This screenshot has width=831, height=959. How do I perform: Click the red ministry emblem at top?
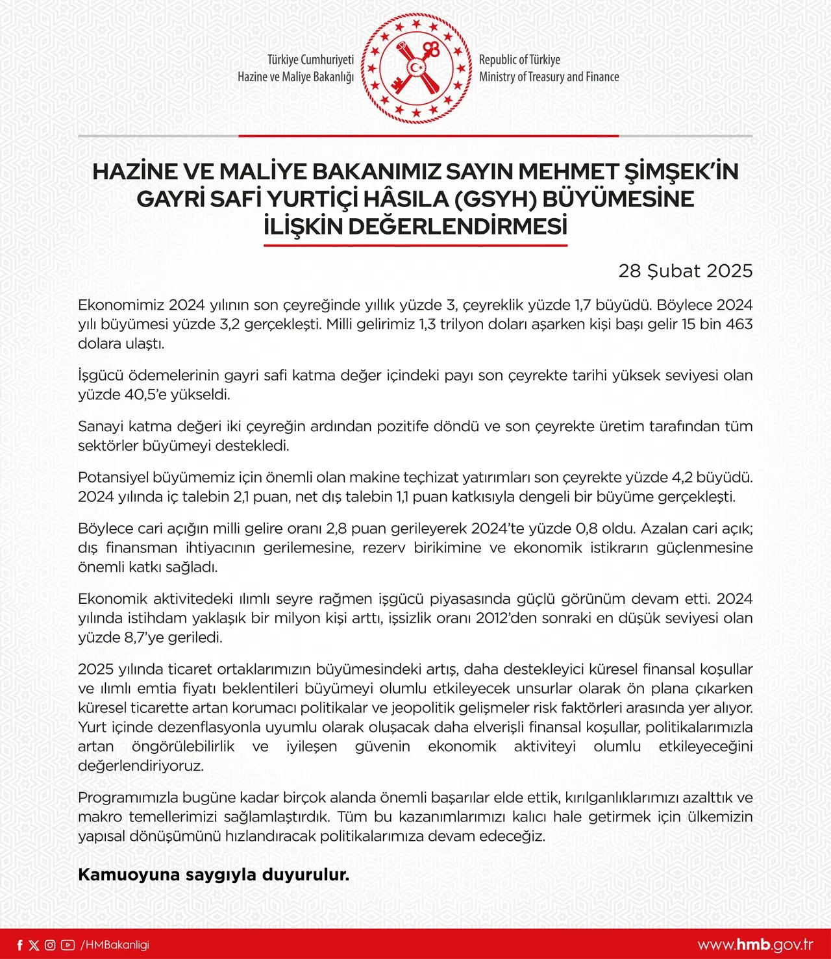click(416, 68)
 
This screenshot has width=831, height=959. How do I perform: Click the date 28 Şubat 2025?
click(685, 271)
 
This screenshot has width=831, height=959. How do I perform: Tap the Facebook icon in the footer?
click(19, 945)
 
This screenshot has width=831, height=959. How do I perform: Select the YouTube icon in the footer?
click(68, 945)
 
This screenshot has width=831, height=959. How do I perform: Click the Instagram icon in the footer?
click(50, 945)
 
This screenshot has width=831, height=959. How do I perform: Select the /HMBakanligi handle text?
click(115, 945)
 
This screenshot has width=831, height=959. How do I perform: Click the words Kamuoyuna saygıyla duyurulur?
click(214, 875)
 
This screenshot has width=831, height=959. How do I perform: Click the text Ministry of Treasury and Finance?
click(549, 77)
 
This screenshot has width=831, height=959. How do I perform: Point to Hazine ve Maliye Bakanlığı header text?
click(295, 77)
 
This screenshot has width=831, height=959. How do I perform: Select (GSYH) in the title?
click(495, 199)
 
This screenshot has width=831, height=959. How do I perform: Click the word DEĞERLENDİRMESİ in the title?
click(458, 227)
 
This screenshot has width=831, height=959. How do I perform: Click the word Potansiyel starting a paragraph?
click(113, 478)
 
